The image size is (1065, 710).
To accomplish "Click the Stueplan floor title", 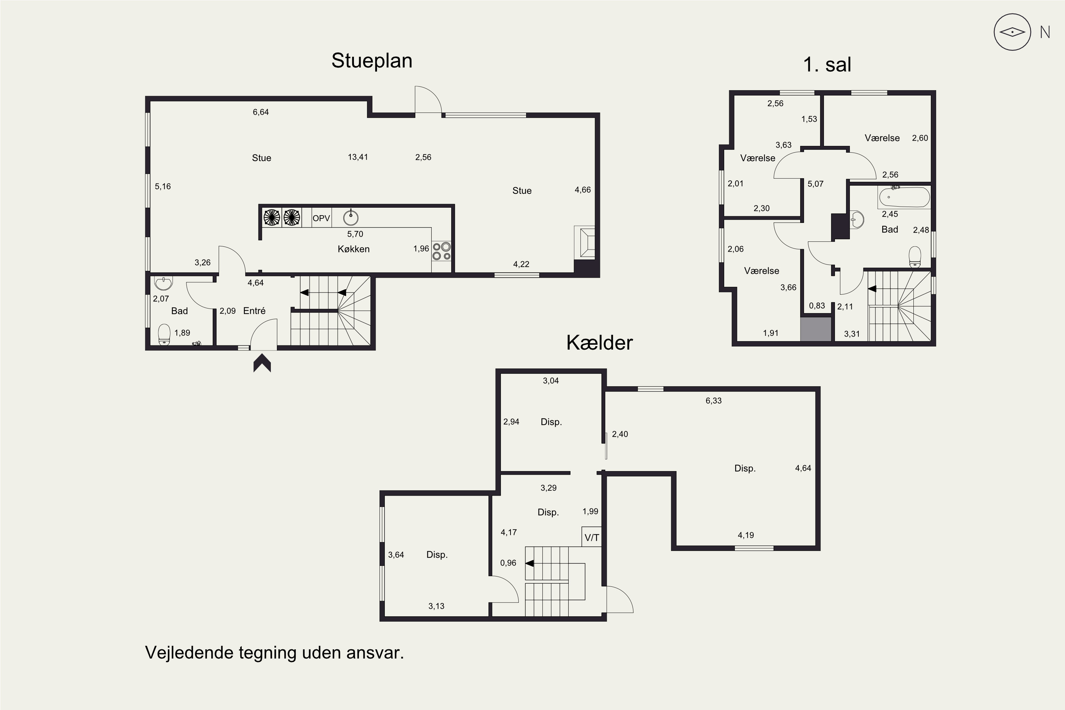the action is tap(372, 61).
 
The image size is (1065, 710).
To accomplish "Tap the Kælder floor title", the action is tap(599, 343).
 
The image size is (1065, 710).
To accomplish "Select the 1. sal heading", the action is tap(827, 65).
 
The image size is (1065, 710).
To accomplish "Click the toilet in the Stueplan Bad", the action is tap(164, 335).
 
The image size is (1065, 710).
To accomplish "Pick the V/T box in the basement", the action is tap(591, 537).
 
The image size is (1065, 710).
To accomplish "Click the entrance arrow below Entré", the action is tap(262, 363).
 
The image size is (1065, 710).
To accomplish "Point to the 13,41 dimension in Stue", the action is tap(358, 157).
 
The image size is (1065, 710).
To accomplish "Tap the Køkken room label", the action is tap(354, 249).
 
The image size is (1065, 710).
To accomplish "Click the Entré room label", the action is tap(254, 311).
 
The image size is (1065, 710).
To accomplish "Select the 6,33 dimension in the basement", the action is tap(714, 401).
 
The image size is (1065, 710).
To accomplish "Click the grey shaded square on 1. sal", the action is tap(816, 329).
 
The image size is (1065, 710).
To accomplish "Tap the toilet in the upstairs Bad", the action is tap(915, 257).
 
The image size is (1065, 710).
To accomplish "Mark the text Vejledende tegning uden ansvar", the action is tap(274, 653).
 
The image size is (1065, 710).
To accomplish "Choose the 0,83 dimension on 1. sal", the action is tap(817, 306).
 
